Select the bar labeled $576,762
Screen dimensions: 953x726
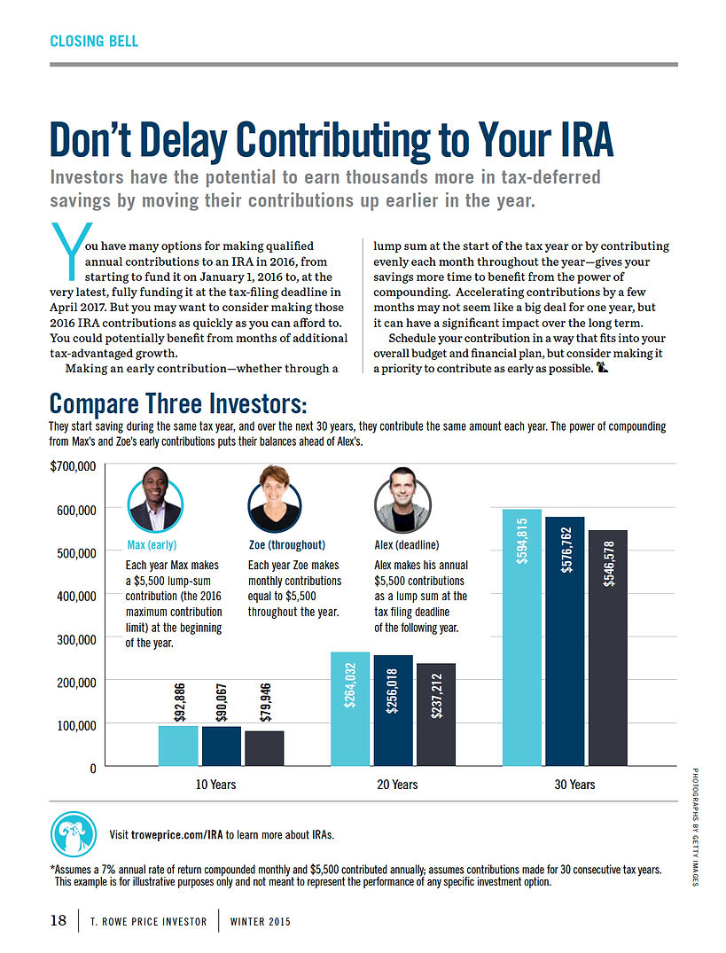pos(565,640)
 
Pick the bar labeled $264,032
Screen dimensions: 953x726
pos(349,709)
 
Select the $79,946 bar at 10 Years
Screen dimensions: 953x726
pos(264,748)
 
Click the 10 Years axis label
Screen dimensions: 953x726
pos(216,785)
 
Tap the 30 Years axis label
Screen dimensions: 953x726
pos(575,785)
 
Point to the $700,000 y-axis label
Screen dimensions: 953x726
pos(73,466)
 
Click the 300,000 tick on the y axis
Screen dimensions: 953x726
pos(76,638)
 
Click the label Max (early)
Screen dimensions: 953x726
pos(152,545)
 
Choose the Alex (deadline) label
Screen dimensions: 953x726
pos(407,545)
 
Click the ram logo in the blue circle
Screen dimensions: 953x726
pos(74,834)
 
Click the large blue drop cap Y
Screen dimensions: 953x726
pos(64,250)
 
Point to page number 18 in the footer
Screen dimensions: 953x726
pos(58,921)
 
